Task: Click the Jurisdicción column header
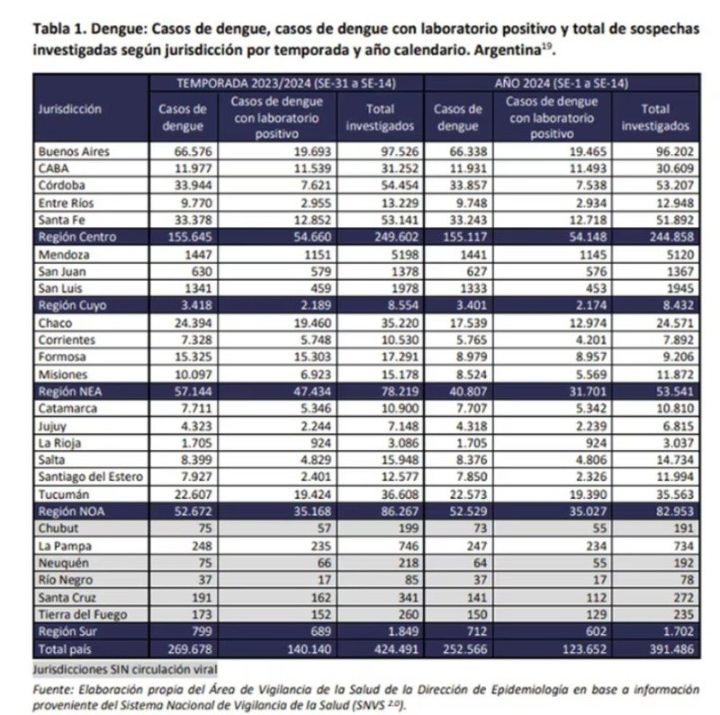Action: coord(70,109)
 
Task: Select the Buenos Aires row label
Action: coord(74,151)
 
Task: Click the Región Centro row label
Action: coord(79,236)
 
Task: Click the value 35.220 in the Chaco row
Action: coord(397,322)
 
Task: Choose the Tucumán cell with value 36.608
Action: coord(397,494)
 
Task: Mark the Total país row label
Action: coord(65,648)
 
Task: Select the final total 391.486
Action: coord(671,648)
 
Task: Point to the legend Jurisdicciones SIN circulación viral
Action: coord(125,669)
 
